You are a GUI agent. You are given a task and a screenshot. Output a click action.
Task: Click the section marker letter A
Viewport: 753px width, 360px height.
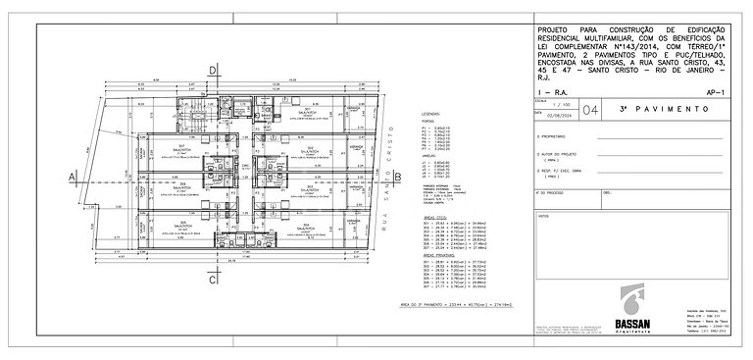coord(73,177)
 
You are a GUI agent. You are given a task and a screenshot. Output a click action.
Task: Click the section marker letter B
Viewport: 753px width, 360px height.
coord(399,177)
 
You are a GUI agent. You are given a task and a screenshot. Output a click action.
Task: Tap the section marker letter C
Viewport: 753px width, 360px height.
coord(213,281)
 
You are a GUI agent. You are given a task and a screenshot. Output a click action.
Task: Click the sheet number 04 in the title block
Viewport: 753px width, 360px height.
coord(586,111)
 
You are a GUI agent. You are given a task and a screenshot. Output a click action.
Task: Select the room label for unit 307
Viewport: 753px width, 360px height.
coord(179,148)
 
